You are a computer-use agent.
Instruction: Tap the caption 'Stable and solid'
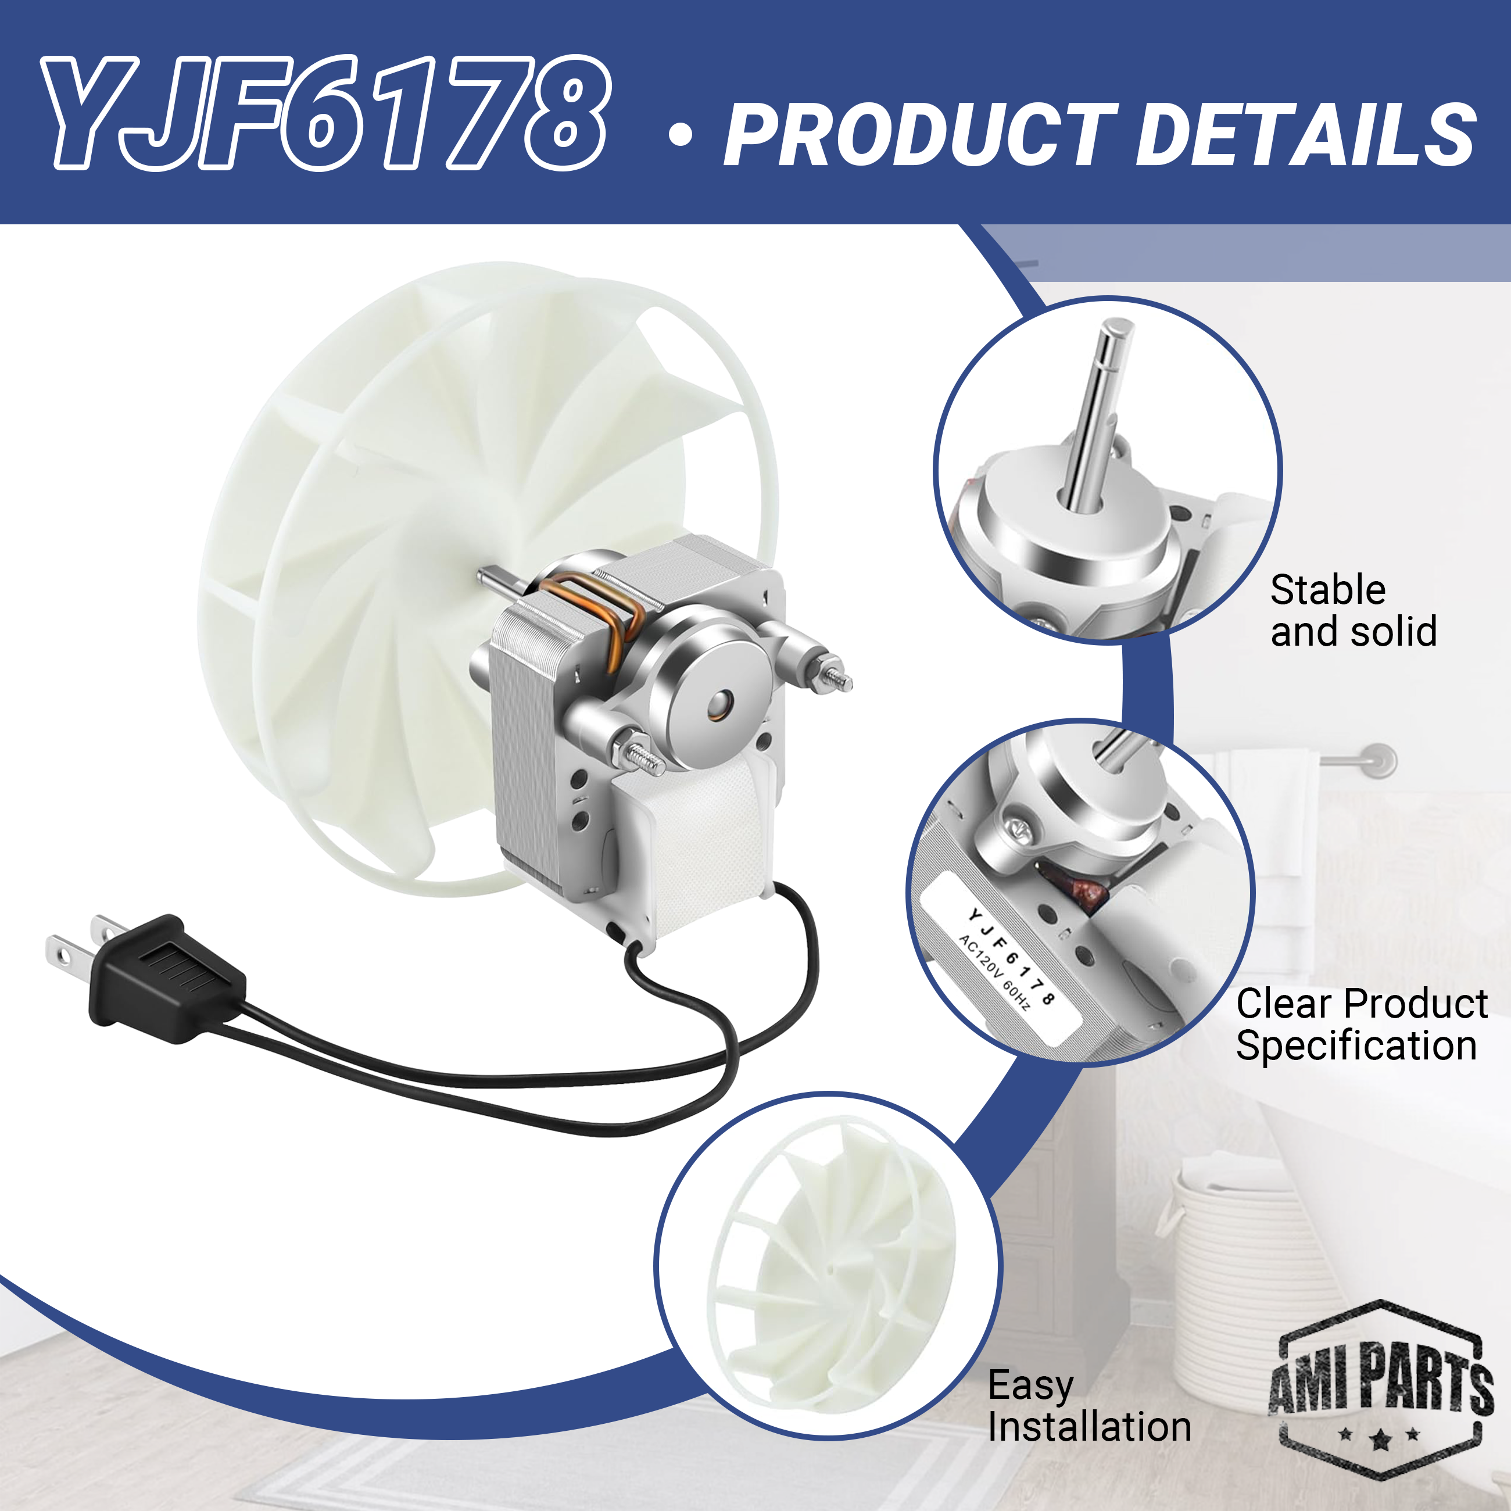(1353, 610)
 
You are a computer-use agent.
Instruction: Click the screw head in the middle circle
(1018, 824)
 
